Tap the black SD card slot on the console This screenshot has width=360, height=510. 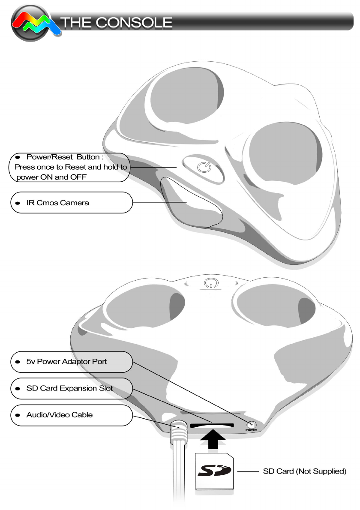[212, 426]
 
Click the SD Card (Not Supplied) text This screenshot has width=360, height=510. [304, 471]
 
